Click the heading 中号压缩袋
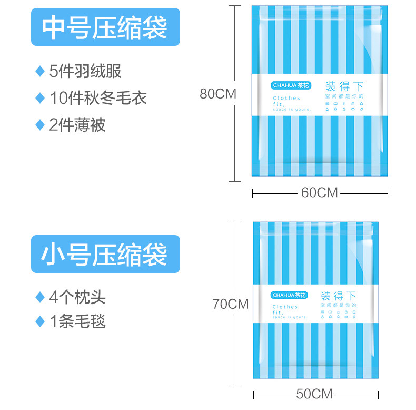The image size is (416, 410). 105,27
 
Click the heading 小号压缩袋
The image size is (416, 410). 105,254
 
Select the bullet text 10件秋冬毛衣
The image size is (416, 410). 98,98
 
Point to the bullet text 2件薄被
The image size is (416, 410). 77,125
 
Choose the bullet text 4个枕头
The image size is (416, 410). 77,297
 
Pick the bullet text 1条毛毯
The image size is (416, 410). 77,321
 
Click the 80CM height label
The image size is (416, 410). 217,94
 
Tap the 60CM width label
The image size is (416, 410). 319,193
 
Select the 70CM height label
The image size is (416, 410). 231,304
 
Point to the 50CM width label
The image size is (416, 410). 314,394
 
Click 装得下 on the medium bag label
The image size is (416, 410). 345,86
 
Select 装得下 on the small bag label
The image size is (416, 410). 339,295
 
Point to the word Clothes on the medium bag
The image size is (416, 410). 286,98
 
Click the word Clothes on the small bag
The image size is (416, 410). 285,307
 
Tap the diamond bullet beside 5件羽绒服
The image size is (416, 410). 39,71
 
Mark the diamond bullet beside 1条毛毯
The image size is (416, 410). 39,321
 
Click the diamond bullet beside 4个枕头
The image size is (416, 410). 39,297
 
